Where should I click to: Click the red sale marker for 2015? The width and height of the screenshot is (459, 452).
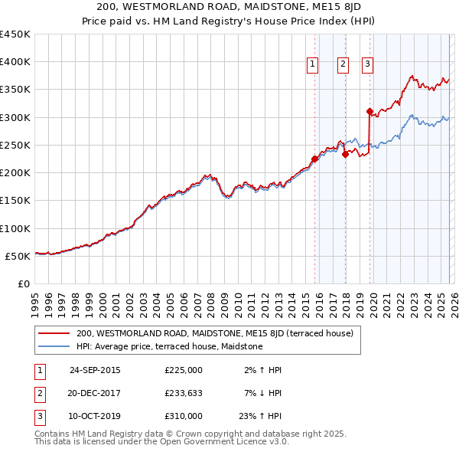click(x=314, y=159)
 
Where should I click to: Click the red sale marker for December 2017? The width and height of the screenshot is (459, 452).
click(x=345, y=154)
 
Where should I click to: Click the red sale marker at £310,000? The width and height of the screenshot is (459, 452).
click(x=369, y=112)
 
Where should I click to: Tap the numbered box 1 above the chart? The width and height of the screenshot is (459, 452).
click(x=314, y=65)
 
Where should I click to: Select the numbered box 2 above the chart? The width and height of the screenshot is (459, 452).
click(x=342, y=65)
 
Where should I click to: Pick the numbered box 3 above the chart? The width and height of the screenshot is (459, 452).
click(x=368, y=65)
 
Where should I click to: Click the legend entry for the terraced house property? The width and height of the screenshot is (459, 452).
click(x=214, y=334)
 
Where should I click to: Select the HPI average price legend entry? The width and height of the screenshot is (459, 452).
click(x=169, y=347)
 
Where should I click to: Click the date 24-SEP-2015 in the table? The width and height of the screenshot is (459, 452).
click(x=95, y=370)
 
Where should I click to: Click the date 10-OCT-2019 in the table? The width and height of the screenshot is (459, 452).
click(x=95, y=416)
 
